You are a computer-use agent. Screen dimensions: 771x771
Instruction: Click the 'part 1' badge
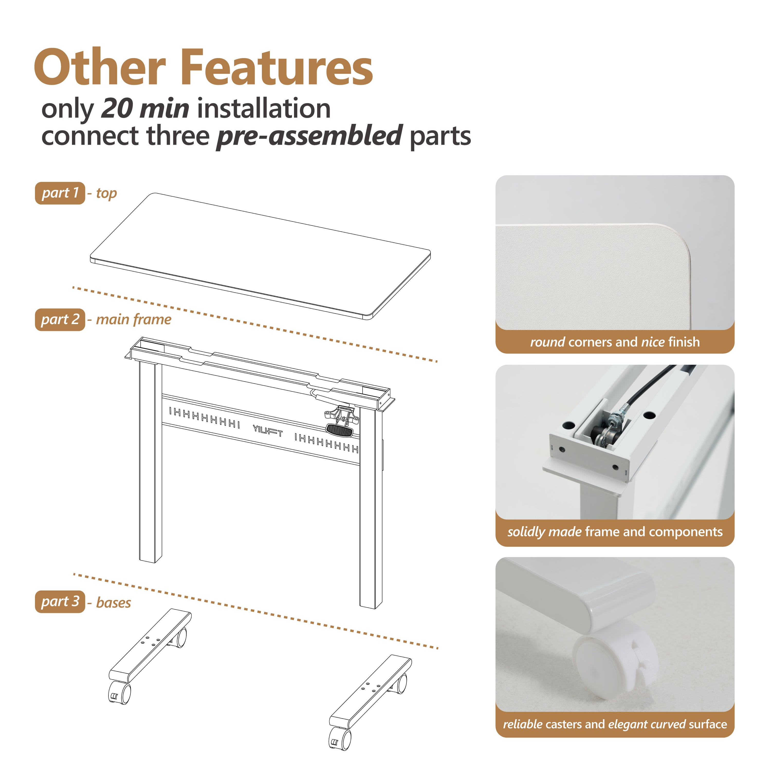[60, 193]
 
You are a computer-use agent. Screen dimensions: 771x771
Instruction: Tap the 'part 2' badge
[60, 320]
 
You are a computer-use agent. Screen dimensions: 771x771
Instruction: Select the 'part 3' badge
[60, 601]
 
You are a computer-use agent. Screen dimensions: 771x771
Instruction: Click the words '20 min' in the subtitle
[145, 108]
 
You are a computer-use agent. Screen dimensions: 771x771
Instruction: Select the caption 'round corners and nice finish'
[614, 342]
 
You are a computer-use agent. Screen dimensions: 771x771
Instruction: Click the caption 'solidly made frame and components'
[614, 532]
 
